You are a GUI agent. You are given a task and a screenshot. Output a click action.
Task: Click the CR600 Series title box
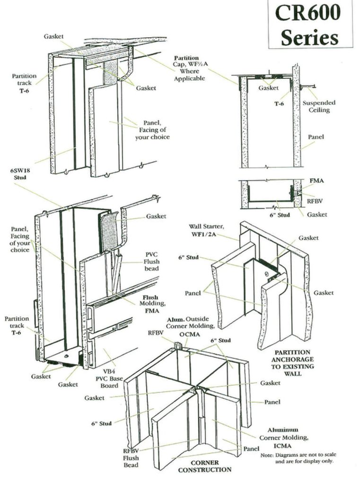click(310, 25)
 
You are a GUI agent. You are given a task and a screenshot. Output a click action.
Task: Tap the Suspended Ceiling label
click(319, 106)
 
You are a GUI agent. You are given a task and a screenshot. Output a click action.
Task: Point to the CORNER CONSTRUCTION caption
click(204, 466)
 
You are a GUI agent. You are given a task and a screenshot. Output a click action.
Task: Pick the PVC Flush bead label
click(152, 261)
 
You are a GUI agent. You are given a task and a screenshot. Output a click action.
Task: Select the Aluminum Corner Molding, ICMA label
click(282, 438)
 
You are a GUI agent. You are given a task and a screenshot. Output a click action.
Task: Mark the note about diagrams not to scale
click(298, 458)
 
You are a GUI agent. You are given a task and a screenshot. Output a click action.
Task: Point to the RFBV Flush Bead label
click(131, 458)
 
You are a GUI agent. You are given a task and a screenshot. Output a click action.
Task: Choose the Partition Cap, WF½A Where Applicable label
click(189, 68)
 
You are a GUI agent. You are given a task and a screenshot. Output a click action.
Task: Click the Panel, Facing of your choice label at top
click(153, 130)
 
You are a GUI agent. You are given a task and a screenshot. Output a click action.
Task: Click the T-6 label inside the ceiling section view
click(278, 103)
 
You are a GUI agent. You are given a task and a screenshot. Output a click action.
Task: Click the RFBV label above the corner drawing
click(156, 333)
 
